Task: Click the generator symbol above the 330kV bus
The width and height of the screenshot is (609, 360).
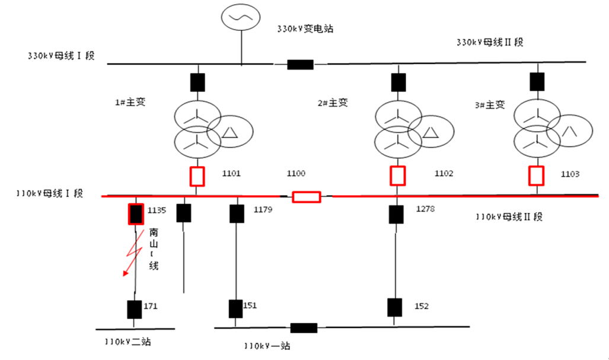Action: tap(241, 18)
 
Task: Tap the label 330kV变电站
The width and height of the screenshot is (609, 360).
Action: tap(305, 28)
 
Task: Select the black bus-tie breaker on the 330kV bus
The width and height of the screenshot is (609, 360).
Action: tap(300, 64)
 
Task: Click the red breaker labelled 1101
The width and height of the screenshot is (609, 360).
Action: tap(197, 176)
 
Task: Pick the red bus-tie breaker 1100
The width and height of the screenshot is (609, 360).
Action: tap(307, 197)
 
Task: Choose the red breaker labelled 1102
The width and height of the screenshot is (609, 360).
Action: tap(397, 176)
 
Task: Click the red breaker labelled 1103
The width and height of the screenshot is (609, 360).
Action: tap(537, 176)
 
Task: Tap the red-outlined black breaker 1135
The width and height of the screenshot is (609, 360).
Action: tap(136, 214)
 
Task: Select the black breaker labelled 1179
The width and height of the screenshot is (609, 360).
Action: tap(236, 214)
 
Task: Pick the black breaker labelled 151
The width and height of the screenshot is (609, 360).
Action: tap(235, 308)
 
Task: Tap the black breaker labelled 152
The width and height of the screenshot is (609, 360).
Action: tap(394, 307)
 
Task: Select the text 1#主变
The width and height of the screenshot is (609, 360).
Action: tap(130, 101)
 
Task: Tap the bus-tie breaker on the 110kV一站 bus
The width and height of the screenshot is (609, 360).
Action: tap(304, 328)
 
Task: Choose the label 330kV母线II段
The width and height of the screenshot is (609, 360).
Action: tap(490, 42)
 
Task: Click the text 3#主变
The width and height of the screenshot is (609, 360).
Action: tap(490, 104)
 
